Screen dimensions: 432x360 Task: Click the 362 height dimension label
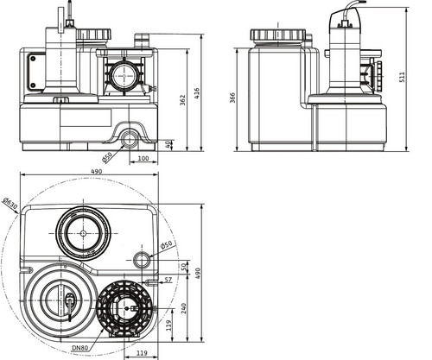(183, 100)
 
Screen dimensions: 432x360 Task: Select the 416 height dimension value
(197, 94)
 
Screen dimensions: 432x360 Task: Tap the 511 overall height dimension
(402, 77)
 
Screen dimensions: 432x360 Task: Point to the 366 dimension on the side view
(232, 98)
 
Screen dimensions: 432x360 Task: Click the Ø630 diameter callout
(10, 203)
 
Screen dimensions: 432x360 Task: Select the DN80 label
(79, 348)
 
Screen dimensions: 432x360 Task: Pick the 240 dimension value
(183, 308)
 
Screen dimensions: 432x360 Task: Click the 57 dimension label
(168, 280)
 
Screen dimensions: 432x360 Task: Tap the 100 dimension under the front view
(143, 158)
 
